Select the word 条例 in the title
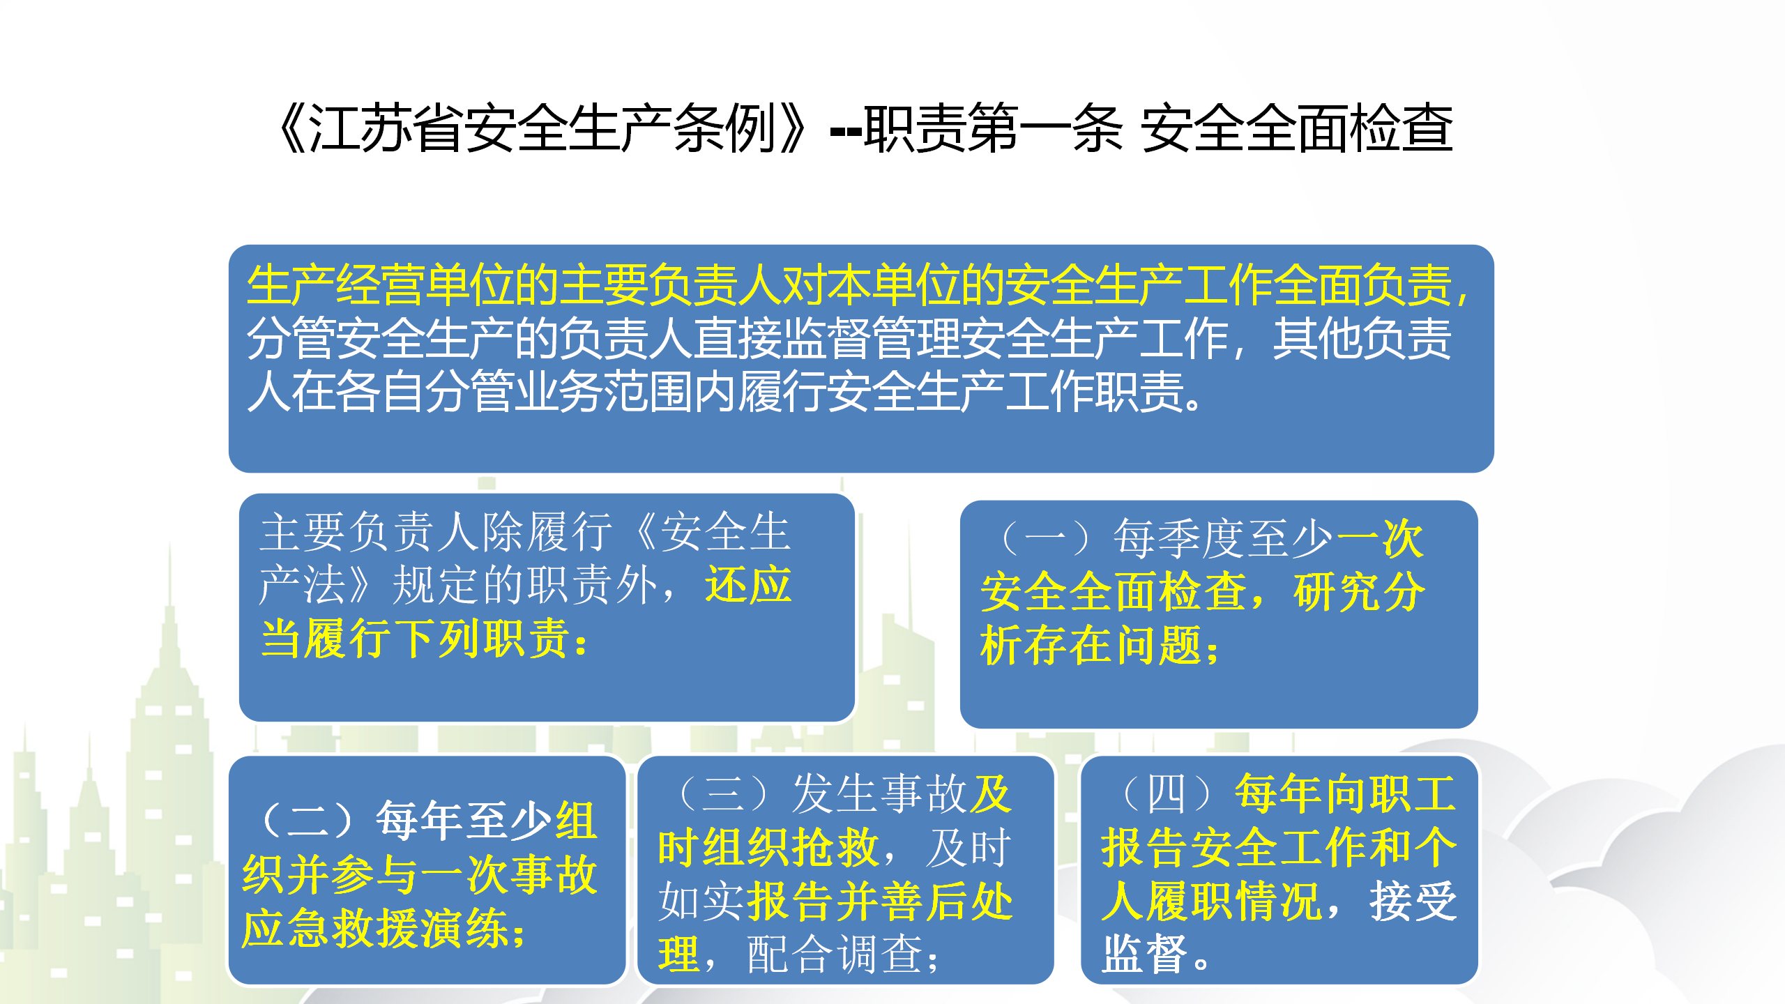pyautogui.click(x=725, y=128)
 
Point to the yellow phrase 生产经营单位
pyautogui.click(x=381, y=286)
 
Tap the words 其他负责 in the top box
pyautogui.click(x=1362, y=339)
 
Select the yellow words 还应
pyautogui.click(x=748, y=584)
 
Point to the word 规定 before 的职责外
pyautogui.click(x=436, y=584)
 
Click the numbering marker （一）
pyautogui.click(x=1046, y=539)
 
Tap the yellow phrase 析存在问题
pyautogui.click(x=1091, y=645)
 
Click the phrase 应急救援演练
pyautogui.click(x=375, y=928)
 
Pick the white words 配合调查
pyautogui.click(x=835, y=954)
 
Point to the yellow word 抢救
pyautogui.click(x=835, y=847)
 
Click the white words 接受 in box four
pyautogui.click(x=1413, y=901)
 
